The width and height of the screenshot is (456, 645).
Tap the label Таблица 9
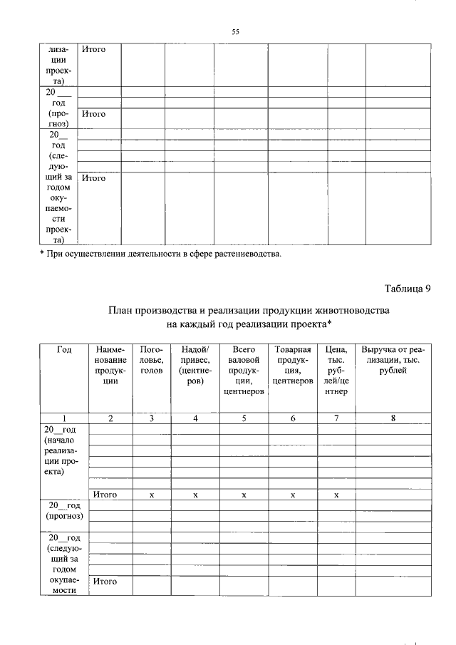(x=408, y=289)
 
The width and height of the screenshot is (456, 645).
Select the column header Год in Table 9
(x=64, y=350)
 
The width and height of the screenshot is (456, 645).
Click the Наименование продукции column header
(x=110, y=365)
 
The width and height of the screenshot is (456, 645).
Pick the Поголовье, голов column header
(x=152, y=360)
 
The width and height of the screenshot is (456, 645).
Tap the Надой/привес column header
(x=195, y=365)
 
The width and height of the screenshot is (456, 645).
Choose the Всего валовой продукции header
(x=244, y=371)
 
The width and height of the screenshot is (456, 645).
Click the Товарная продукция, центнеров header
(x=293, y=365)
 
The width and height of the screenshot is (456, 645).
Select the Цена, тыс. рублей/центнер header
(x=336, y=371)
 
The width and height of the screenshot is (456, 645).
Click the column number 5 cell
(x=244, y=418)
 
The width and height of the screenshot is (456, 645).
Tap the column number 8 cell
(x=393, y=418)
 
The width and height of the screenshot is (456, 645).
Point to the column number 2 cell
(x=110, y=418)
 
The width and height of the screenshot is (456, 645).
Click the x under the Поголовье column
(x=152, y=494)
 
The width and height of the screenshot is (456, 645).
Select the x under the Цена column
(x=336, y=494)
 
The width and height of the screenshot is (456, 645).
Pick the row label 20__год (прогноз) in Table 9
(x=64, y=510)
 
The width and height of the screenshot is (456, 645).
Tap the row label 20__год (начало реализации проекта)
(x=64, y=450)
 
